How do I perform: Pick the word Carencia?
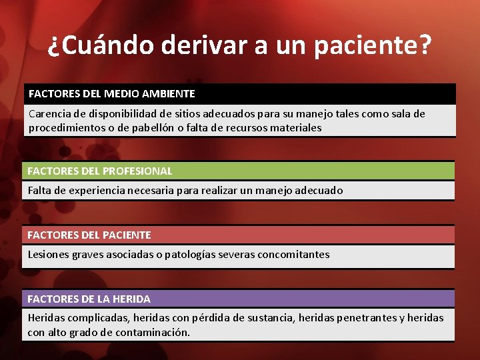49,114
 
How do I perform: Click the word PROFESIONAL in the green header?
137,171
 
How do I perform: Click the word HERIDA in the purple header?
131,299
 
